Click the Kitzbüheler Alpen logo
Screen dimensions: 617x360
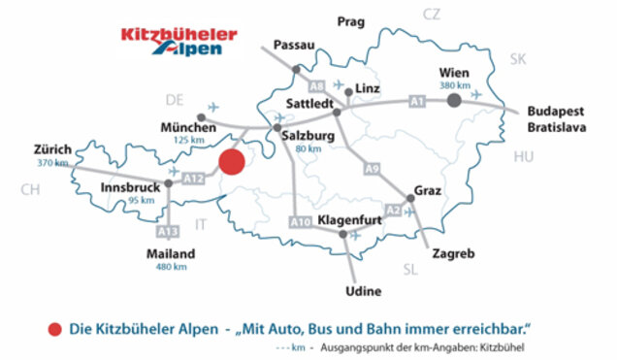coord(179,42)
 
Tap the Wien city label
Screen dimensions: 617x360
coord(455,72)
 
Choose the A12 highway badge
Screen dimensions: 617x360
coord(194,178)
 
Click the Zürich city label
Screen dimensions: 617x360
coord(52,149)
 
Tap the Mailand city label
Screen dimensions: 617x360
coord(171,254)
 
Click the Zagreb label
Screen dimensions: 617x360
coord(455,254)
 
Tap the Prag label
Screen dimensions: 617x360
coord(348,20)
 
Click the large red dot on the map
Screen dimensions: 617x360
coord(232,162)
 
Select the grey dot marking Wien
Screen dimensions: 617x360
coord(453,99)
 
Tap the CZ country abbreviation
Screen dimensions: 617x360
coord(432,14)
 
